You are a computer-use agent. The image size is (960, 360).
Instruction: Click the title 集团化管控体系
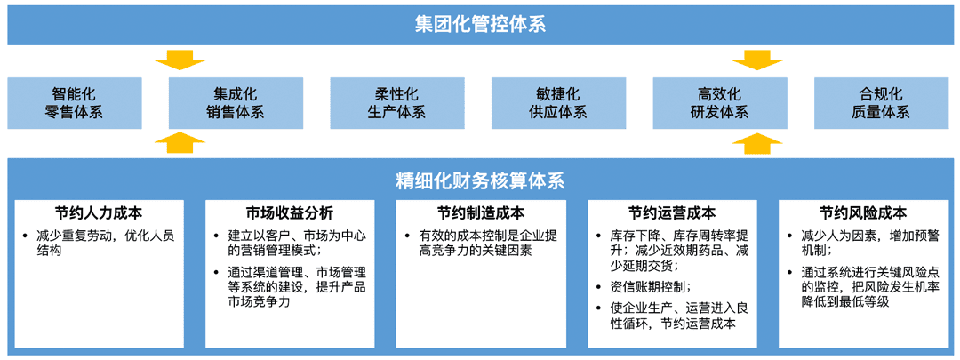click(x=479, y=25)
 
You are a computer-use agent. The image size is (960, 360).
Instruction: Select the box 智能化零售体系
click(x=75, y=103)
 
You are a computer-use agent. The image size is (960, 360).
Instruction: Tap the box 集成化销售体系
click(x=236, y=103)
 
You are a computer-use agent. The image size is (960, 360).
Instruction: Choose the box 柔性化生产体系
click(x=396, y=103)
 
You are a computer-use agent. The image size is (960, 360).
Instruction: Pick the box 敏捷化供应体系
click(x=557, y=103)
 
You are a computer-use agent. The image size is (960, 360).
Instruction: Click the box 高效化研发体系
click(x=719, y=103)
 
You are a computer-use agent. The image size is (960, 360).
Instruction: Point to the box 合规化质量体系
click(x=880, y=103)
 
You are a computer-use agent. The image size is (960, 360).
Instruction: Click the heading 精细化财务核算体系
click(x=479, y=181)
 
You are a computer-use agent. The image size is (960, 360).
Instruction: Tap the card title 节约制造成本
click(x=481, y=213)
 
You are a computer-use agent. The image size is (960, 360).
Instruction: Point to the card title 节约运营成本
click(x=672, y=213)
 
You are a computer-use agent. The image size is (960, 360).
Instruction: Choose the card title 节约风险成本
click(x=863, y=213)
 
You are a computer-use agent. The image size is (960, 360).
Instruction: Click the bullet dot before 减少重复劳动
click(x=24, y=236)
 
